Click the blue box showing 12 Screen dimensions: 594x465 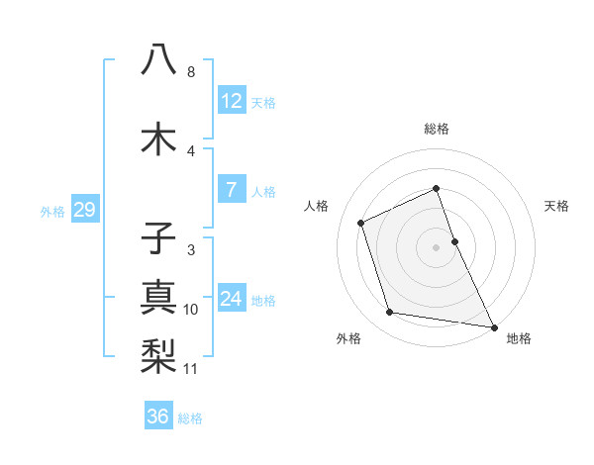[231, 101]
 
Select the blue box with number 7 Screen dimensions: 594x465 [231, 190]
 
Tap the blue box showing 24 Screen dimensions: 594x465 [231, 299]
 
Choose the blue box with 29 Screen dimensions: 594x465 [83, 210]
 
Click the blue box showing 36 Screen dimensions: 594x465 [158, 417]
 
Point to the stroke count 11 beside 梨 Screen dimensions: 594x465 [191, 369]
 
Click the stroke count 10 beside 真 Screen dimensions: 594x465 [191, 310]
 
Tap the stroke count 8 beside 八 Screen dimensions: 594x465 [191, 72]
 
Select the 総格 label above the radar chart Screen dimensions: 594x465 [437, 129]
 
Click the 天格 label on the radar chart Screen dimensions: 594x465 [556, 206]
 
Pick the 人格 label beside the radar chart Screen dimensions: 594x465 [317, 206]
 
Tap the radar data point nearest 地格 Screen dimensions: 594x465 [493, 325]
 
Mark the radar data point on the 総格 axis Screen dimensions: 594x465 [436, 189]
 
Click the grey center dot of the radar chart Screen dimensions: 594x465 [436, 246]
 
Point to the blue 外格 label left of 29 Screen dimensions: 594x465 [52, 211]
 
